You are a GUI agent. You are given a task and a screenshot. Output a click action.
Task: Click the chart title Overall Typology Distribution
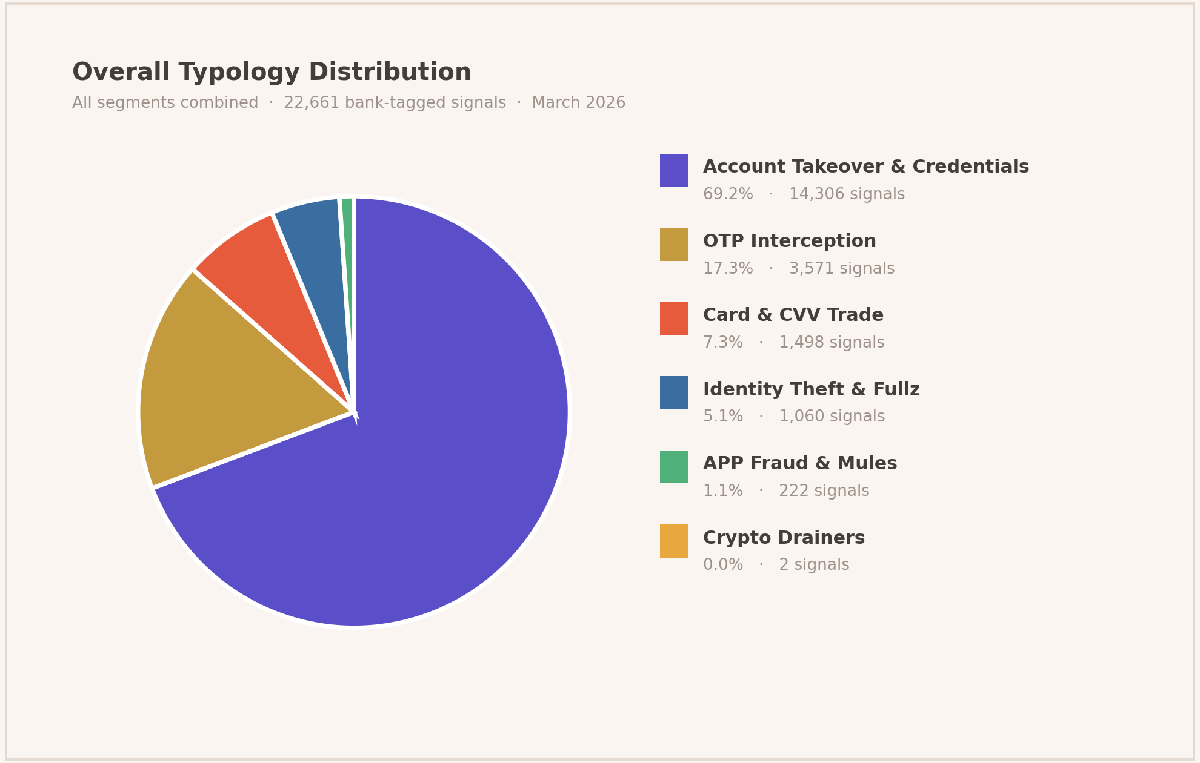(x=272, y=73)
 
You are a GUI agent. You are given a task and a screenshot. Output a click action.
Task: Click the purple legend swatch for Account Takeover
(x=673, y=170)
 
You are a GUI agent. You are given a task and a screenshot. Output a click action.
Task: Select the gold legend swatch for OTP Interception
(x=673, y=244)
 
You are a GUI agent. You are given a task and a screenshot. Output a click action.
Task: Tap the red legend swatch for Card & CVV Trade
(x=673, y=319)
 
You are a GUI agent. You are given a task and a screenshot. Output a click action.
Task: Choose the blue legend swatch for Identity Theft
(x=673, y=392)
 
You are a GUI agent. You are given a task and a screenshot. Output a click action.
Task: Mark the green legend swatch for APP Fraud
(x=673, y=467)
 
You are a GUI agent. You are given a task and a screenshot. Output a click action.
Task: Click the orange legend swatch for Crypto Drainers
(x=673, y=541)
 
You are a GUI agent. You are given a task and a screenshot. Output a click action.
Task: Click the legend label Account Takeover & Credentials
(x=865, y=167)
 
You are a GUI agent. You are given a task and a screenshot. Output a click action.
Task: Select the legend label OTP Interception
(x=789, y=242)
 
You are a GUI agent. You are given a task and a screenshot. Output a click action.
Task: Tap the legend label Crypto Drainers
(x=784, y=538)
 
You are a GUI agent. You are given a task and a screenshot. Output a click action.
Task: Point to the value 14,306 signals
(x=846, y=194)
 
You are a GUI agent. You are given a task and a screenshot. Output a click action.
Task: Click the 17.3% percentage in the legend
(x=727, y=269)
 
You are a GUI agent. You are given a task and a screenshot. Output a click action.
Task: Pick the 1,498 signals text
(x=831, y=343)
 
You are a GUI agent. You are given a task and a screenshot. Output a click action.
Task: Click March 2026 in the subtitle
(x=578, y=103)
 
